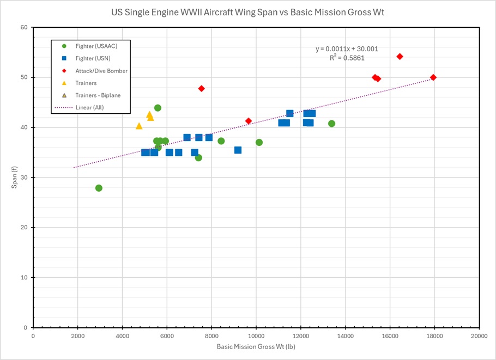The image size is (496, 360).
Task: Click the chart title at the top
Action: (248, 13)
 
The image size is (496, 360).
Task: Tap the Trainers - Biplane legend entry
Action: (98, 95)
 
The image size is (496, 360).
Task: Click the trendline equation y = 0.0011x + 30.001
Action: (347, 48)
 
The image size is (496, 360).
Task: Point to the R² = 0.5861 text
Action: (347, 57)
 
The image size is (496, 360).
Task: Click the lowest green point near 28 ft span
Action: (99, 188)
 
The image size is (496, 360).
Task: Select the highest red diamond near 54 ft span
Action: (400, 57)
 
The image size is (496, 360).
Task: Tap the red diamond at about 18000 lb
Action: (433, 77)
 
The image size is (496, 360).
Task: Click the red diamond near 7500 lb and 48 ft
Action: (201, 88)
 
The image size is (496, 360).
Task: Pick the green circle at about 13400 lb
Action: (331, 124)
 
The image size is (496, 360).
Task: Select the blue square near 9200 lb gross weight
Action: (238, 150)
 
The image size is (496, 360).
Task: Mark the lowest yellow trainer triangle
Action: (139, 126)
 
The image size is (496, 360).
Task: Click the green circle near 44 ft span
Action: (158, 108)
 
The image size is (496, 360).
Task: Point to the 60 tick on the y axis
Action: (25, 27)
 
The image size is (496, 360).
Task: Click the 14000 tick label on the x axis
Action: (345, 335)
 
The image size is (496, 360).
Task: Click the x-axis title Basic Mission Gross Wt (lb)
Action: (256, 346)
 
